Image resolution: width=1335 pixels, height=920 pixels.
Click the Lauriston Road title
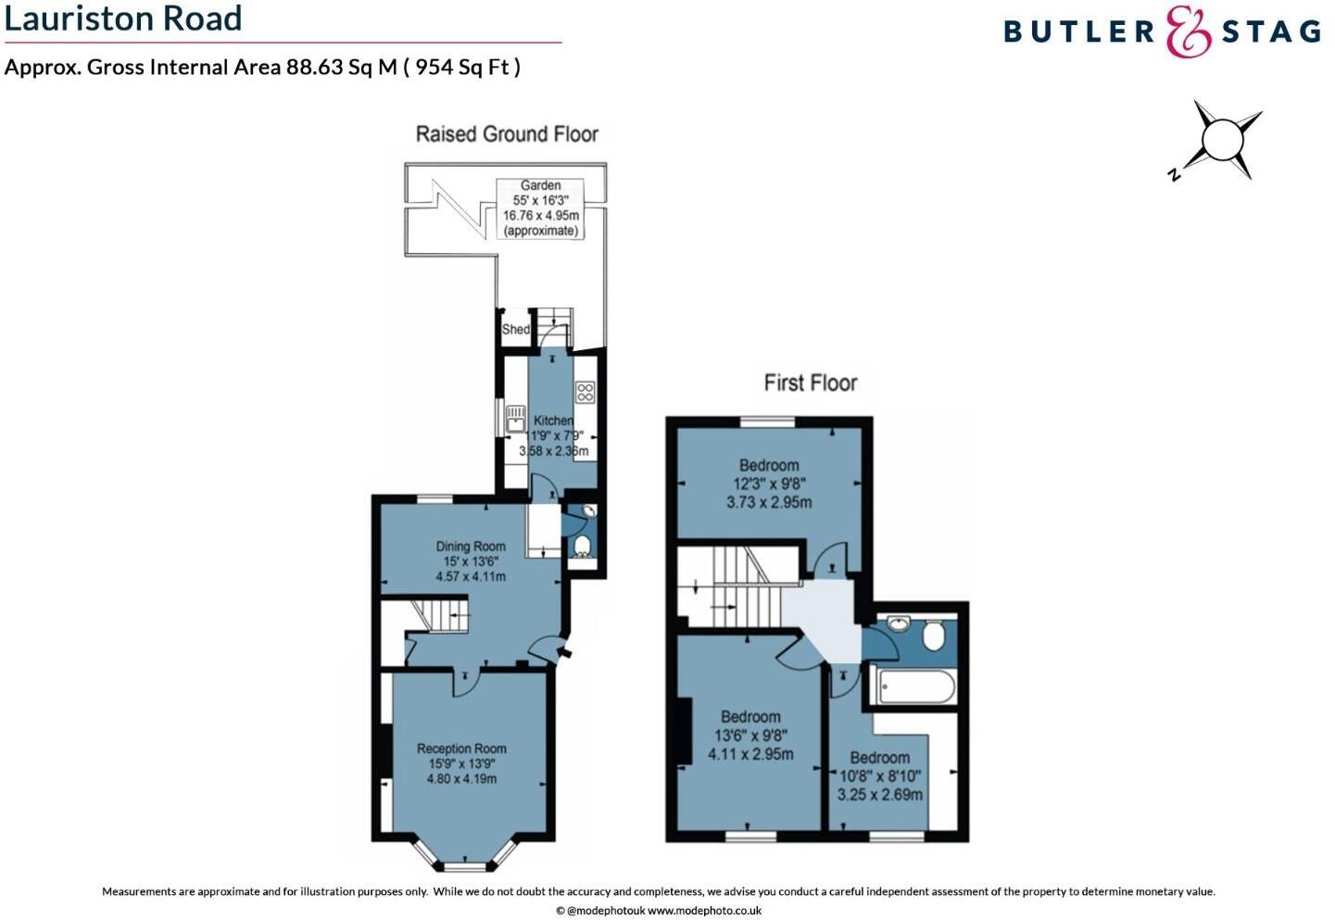[x=123, y=19]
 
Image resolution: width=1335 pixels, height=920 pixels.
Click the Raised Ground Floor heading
[x=507, y=134]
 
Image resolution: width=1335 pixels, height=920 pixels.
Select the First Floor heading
[x=811, y=383]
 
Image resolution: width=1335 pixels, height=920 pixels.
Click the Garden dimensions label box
[x=541, y=208]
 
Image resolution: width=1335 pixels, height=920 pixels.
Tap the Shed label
[x=515, y=330]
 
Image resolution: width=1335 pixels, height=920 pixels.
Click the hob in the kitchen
[x=585, y=392]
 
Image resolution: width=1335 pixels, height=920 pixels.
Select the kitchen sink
[x=515, y=419]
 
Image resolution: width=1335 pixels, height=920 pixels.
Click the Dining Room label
[x=471, y=561]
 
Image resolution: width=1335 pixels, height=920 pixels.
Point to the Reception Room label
[x=461, y=762]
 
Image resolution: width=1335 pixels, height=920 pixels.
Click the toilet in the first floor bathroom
[x=934, y=636]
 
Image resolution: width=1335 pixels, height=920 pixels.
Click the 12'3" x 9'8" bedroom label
[x=769, y=484]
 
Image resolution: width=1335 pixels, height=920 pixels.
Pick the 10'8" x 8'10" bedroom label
[x=879, y=776]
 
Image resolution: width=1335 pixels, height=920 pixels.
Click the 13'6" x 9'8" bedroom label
[x=750, y=735]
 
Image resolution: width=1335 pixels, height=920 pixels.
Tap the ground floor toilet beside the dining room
[x=583, y=546]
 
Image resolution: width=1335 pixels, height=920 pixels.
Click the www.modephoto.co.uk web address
[x=704, y=911]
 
